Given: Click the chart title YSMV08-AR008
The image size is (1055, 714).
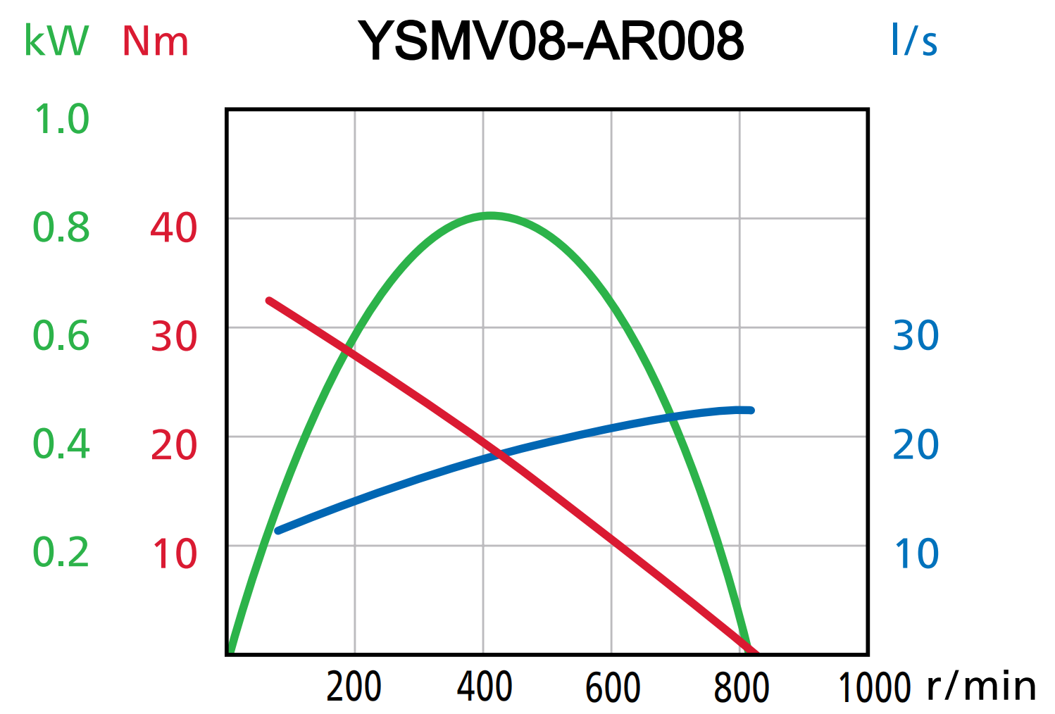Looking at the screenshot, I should coord(551,40).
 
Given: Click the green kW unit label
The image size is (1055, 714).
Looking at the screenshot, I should coord(56,41).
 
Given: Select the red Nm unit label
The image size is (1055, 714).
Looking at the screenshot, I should coord(155,42).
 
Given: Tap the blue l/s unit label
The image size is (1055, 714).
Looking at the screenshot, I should coord(913,40).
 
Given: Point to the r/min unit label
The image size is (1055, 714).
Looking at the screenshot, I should coord(981,686).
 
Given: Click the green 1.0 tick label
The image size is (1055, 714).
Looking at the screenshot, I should coord(62,119).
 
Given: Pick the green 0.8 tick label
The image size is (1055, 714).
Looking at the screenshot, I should coord(61,228).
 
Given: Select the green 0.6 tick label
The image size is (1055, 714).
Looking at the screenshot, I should coord(61,336).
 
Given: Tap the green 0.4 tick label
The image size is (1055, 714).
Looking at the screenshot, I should coord(61,444).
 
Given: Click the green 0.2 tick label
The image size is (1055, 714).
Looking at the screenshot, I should coord(61,553).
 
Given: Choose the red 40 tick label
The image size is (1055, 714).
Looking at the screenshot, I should coord(173,228).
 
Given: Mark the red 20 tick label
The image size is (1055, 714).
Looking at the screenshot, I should coord(173,446).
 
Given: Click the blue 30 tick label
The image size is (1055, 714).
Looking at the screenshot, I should coord(916,336).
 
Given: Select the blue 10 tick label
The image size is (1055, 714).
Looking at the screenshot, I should coord(916,554).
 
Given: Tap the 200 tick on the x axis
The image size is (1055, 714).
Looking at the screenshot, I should coord(354,687).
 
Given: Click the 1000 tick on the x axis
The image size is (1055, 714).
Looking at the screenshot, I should coord(874,687).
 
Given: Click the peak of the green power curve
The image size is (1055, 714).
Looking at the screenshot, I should coord(490,215).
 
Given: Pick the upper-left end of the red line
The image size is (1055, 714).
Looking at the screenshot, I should coord(269,301).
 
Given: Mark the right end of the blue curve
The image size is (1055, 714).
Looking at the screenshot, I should coord(751,410).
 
